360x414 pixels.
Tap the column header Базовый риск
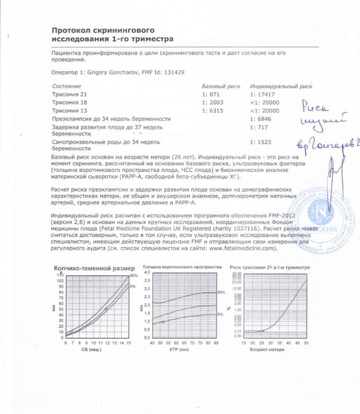click(x=221, y=87)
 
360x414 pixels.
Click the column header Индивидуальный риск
click(x=281, y=87)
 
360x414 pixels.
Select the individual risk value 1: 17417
click(x=264, y=95)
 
